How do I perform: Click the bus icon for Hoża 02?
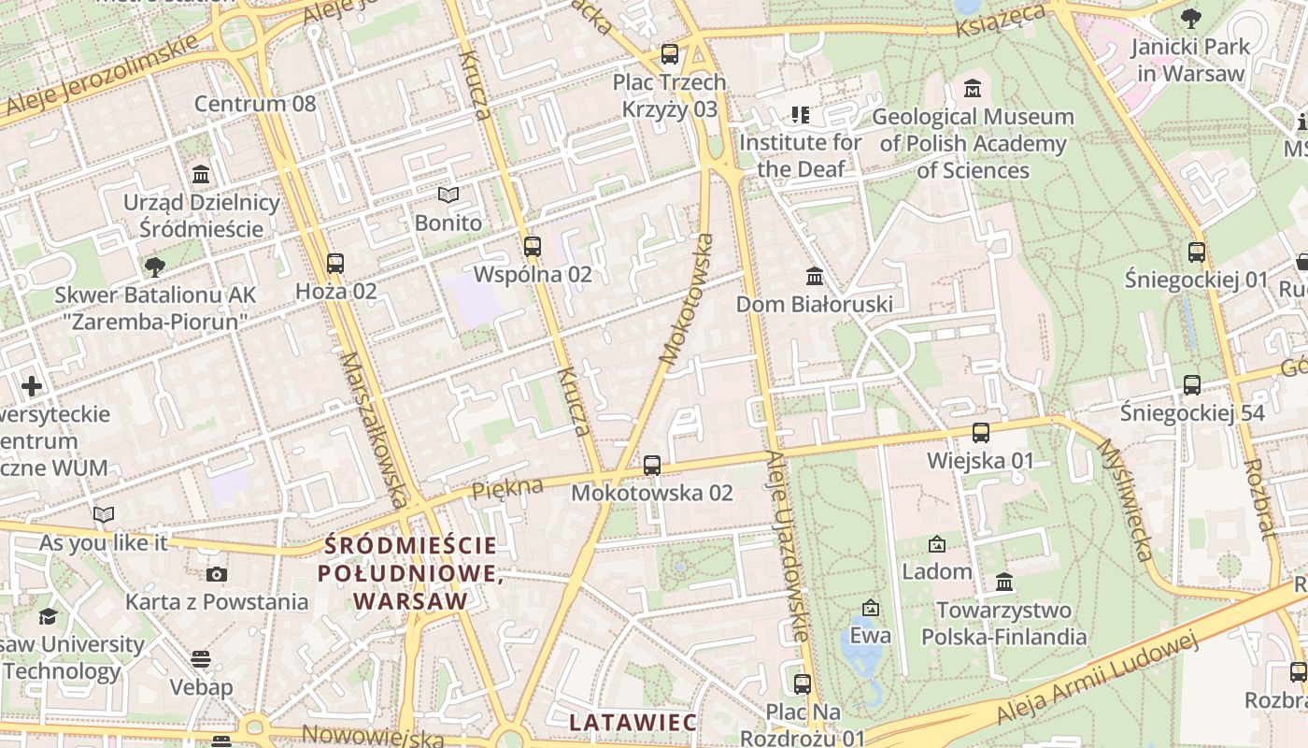coord(335,264)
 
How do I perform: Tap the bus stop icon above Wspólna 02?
coord(533,247)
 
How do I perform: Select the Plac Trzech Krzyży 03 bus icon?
coord(670,54)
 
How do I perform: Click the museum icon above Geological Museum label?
coord(973,89)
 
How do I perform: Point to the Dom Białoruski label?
coord(814,304)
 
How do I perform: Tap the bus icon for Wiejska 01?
coord(980,433)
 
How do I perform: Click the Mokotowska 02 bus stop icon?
coord(652,465)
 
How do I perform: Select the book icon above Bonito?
coord(448,194)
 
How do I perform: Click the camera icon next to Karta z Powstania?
coord(217,574)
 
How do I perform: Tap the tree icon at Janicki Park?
coord(1190,18)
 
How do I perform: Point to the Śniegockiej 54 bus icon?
coord(1191,384)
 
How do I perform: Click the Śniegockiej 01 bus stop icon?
coord(1197,252)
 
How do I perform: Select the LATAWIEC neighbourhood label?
coord(633,722)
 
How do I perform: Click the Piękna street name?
coord(507,488)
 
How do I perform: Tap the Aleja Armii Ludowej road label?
coord(1097,679)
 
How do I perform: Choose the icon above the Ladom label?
coord(936,543)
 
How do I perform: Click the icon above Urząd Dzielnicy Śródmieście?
coord(200,175)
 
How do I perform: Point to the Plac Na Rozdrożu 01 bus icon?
coord(802,683)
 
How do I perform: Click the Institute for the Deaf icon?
coord(800,115)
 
